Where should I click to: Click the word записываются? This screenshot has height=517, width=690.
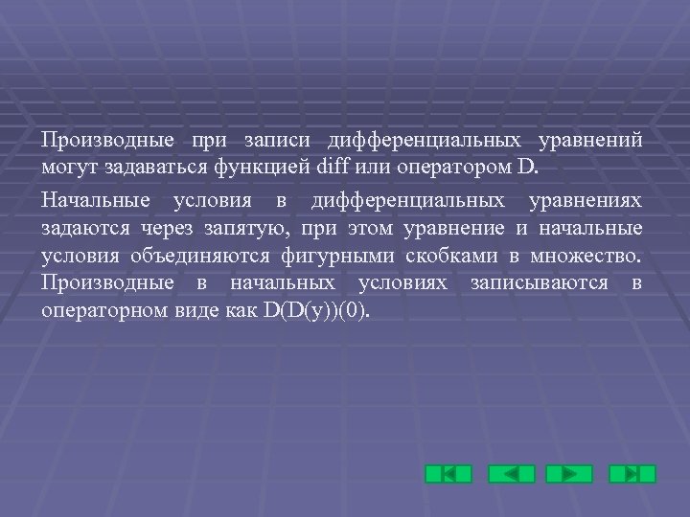(x=539, y=283)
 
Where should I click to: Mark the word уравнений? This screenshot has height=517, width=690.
(x=590, y=141)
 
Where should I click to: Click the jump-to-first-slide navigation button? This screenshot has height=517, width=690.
(x=448, y=473)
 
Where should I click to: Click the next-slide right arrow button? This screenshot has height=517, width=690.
(x=569, y=473)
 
